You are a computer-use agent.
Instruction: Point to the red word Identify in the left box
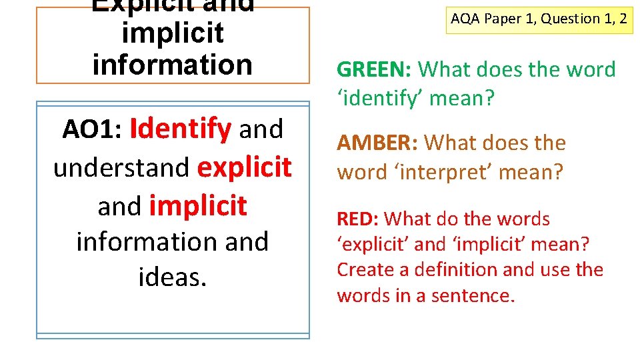181,129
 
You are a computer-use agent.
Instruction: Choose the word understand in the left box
121,167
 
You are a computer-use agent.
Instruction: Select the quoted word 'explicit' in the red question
372,245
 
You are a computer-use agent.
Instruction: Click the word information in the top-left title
173,65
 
